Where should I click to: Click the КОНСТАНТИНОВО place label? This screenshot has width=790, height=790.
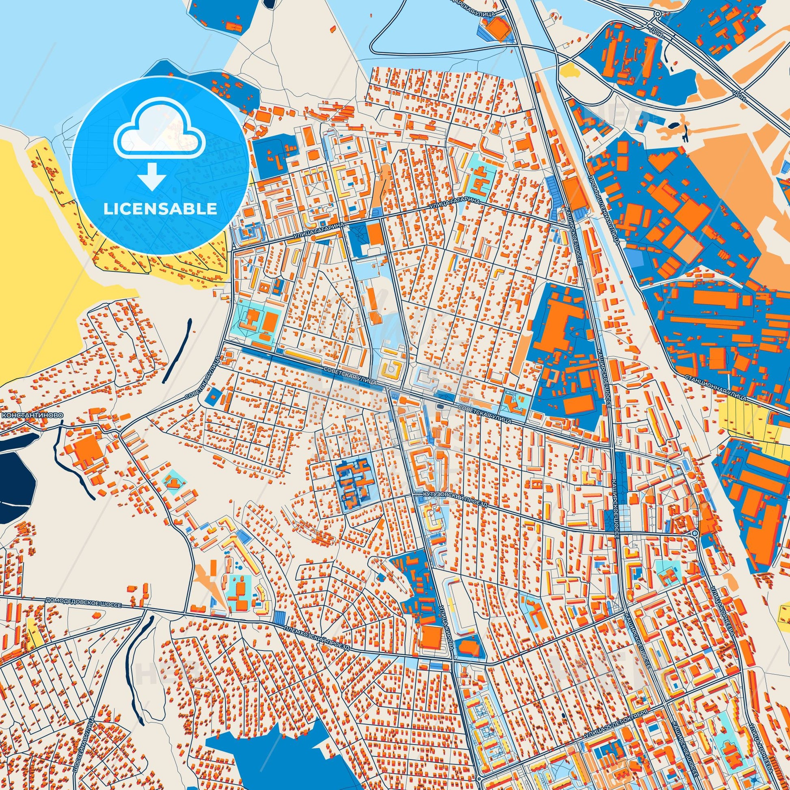[x=33, y=414]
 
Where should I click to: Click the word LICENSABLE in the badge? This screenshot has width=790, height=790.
[x=160, y=209]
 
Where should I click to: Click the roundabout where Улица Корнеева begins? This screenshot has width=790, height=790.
[x=695, y=533]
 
